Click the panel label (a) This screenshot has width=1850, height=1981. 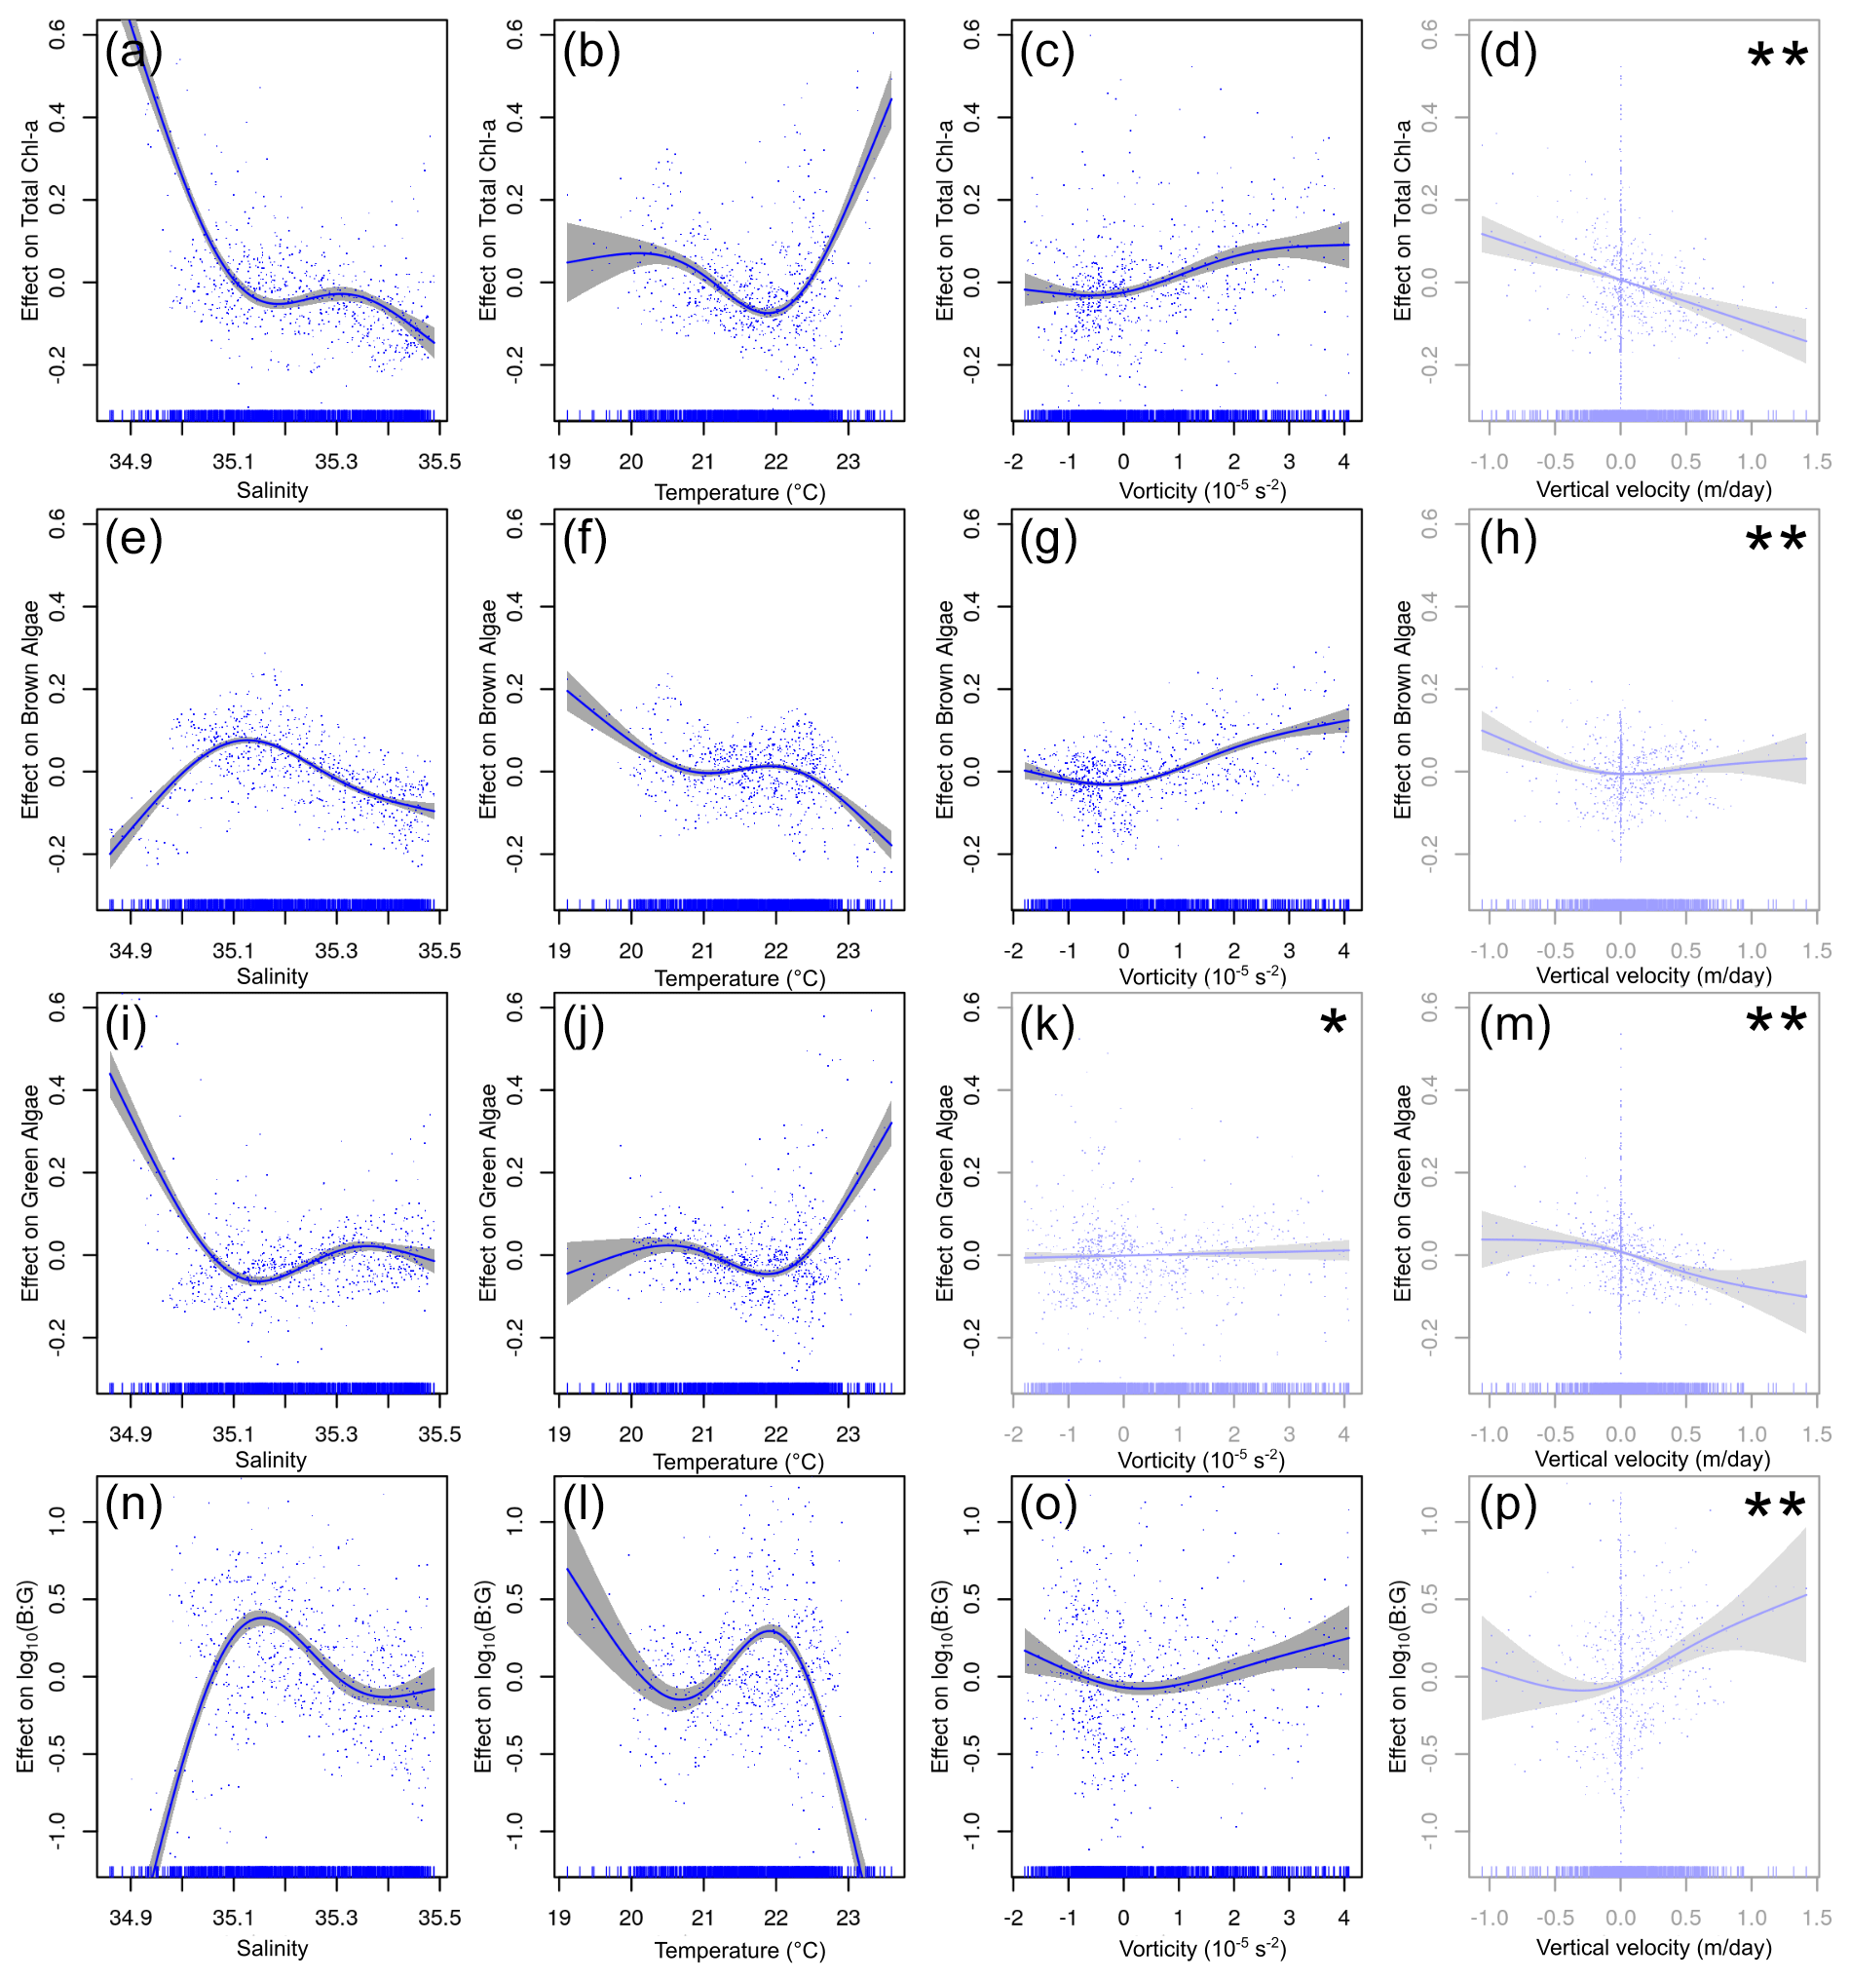point(132,51)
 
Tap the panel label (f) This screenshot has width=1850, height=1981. point(585,539)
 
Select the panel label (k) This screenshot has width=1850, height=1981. point(1047,1023)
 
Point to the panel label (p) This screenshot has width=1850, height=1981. point(1507,1505)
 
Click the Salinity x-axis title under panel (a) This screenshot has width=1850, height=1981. point(272,490)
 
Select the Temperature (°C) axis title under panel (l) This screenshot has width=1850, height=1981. point(739,1950)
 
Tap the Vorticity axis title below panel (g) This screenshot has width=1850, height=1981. point(1202,975)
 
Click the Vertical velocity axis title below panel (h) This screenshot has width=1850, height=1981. point(1654,975)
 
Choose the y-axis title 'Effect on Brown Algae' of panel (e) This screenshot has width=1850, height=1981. point(31,709)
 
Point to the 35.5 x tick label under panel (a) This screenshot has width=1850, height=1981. point(439,461)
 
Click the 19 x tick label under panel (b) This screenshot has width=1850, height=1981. point(559,461)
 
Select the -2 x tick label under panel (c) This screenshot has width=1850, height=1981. point(1013,461)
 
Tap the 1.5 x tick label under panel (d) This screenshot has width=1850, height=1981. point(1816,461)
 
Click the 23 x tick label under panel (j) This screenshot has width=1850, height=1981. point(848,1434)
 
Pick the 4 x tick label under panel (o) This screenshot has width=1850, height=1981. point(1344,1918)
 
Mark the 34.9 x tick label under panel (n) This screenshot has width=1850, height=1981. point(131,1918)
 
